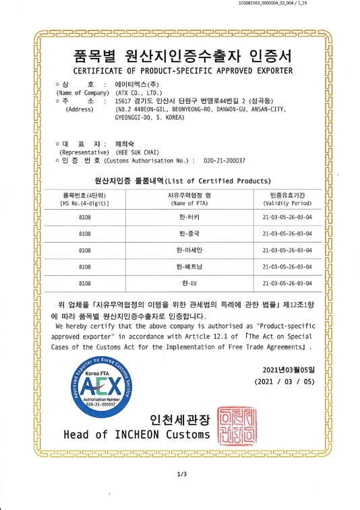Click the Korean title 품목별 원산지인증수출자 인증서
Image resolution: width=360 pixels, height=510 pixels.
pos(182,55)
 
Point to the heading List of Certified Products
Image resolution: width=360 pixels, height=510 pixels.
pos(218,181)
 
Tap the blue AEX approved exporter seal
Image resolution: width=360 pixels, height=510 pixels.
pos(100,385)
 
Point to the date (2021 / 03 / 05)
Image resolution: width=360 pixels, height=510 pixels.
pos(284,381)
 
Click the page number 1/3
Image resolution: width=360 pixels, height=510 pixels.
pos(181,475)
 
